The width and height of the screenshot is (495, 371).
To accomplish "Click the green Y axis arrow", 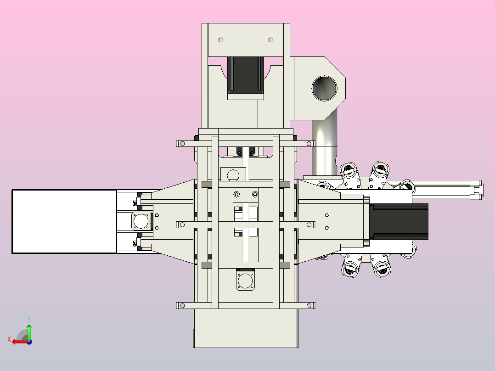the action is pos(29,332).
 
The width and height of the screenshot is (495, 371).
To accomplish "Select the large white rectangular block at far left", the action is pos(64,222).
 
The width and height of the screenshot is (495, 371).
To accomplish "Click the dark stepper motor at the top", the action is pos(246,75).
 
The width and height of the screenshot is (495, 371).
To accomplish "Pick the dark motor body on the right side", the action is pos(399,222).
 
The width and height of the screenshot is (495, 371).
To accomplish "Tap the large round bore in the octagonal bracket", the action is pos(324,88).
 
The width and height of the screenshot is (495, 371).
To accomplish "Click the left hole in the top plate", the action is pos(221,40).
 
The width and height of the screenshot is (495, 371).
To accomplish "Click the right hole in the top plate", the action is pos(270,40).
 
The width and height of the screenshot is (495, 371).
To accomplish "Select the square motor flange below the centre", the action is pos(245,280).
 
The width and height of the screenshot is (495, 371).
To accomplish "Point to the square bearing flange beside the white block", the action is pos(141,221).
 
